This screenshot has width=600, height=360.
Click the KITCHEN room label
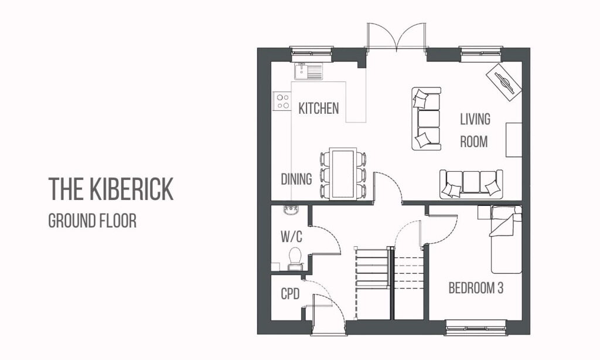318,108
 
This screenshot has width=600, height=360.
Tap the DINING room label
296,179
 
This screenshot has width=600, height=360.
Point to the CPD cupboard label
290,294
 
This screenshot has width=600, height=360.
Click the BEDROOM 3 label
476,288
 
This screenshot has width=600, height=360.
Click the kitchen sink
308,72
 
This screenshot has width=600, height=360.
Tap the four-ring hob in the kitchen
282,101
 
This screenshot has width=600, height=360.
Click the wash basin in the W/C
289,209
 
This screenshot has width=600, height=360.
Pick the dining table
342,174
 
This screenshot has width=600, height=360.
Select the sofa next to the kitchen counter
426,118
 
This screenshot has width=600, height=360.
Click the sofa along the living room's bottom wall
471,184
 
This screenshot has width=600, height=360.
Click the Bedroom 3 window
475,327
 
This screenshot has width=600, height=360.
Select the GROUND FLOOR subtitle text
92,221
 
